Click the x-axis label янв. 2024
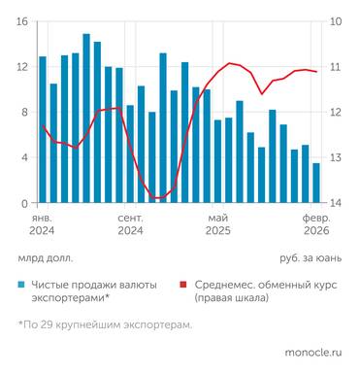[x=42, y=224]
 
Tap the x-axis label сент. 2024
[x=130, y=224]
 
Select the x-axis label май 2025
[x=217, y=224]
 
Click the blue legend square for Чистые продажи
[x=21, y=285]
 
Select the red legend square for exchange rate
[x=183, y=285]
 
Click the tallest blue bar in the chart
[x=86, y=119]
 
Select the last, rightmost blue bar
[x=316, y=183]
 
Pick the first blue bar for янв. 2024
[x=43, y=130]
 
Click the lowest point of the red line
[x=157, y=198]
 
